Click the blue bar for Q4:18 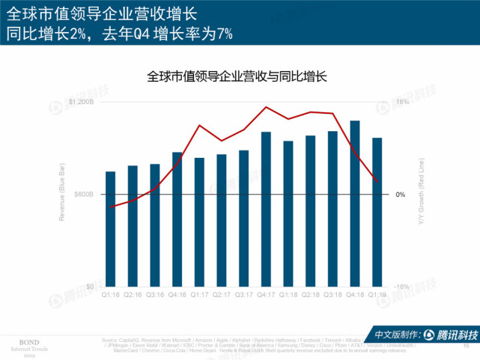pos(355,204)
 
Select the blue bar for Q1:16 pos(111,229)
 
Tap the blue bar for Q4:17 pos(266,209)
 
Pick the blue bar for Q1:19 pos(377,212)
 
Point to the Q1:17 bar pos(199,222)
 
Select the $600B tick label pos(84,195)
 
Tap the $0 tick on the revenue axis pos(89,287)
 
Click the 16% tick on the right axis pos(401,102)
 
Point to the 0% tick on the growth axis pos(401,195)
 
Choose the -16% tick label pos(402,287)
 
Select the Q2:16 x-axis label pos(133,295)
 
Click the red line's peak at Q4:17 pos(266,107)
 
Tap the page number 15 pos(467,345)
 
